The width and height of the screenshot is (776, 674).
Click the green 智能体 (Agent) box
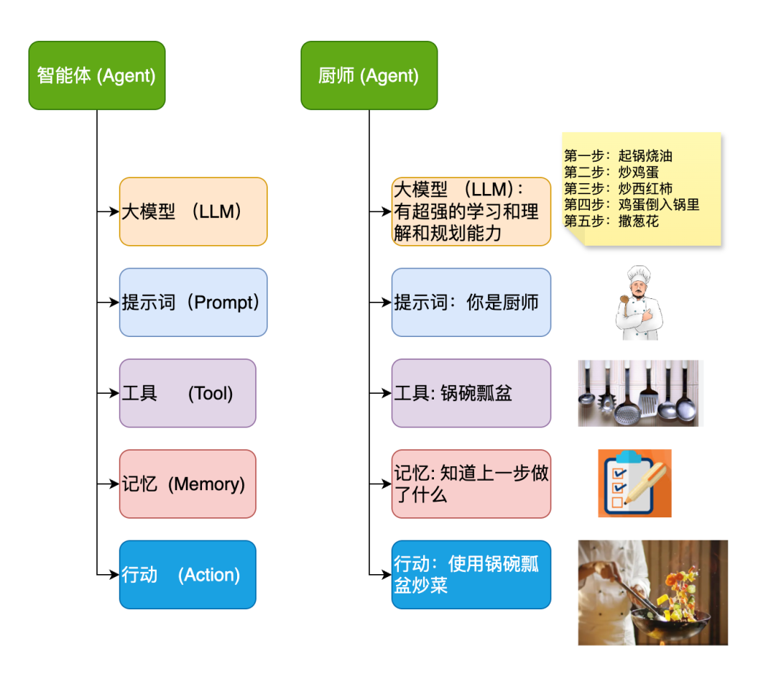[97, 75]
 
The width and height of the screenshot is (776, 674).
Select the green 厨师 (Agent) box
[369, 75]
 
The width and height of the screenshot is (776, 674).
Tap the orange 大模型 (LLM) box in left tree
[193, 211]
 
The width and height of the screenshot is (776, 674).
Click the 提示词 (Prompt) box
[193, 303]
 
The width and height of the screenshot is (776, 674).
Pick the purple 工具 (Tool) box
[188, 393]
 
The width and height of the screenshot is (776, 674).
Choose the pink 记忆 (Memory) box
[188, 484]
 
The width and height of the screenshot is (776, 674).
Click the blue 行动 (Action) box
[188, 575]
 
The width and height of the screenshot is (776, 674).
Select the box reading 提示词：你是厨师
[471, 303]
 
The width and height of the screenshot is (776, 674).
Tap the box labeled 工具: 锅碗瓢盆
[471, 393]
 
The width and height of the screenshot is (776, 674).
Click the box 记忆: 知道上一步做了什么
[471, 484]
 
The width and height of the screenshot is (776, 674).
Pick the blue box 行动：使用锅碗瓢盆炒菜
[471, 575]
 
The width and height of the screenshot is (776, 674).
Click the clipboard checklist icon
[634, 484]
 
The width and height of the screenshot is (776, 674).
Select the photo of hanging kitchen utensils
[639, 393]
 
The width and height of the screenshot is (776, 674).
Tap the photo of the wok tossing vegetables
[652, 592]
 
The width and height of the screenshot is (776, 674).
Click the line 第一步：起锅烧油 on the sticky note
[619, 156]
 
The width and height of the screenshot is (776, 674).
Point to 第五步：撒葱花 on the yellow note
[611, 221]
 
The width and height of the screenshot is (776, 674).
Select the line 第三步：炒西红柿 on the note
[619, 189]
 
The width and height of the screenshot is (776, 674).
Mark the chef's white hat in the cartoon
[638, 274]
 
